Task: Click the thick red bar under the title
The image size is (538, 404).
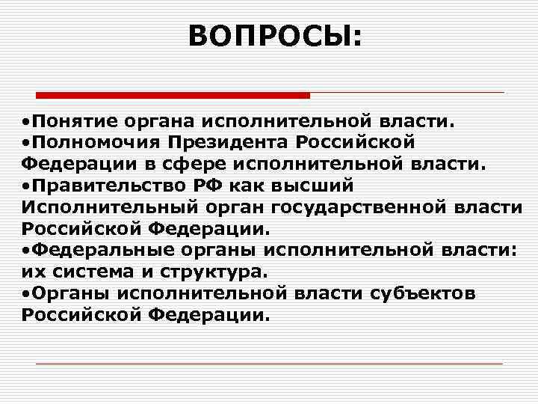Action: coord(173,96)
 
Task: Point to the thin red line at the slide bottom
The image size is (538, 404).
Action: coord(269,363)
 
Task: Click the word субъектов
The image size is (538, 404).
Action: coord(421,293)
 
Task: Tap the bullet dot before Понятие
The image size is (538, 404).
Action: coord(26,121)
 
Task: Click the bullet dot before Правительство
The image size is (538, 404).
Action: coord(26,185)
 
